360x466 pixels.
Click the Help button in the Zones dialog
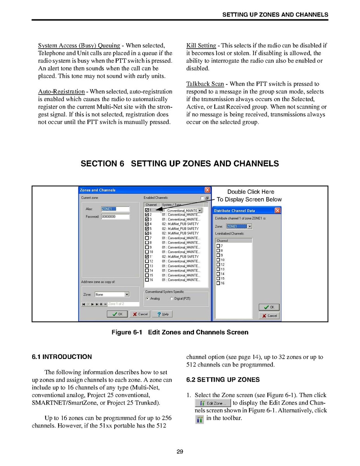163,314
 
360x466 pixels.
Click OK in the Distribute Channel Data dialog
269,307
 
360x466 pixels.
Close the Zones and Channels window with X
208,190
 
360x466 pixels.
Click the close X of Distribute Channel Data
278,210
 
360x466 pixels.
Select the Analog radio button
147,299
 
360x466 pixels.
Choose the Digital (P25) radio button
171,299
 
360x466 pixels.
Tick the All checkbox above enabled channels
202,198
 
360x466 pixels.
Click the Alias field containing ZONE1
115,209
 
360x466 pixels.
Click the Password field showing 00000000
115,217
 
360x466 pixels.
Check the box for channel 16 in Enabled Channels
147,280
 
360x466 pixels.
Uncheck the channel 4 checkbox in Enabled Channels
147,224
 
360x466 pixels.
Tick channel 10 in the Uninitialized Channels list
218,260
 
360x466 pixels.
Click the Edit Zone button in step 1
213,403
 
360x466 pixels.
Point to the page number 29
180,452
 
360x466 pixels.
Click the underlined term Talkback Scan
205,84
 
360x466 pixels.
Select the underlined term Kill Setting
201,46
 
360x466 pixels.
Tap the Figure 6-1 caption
180,332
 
